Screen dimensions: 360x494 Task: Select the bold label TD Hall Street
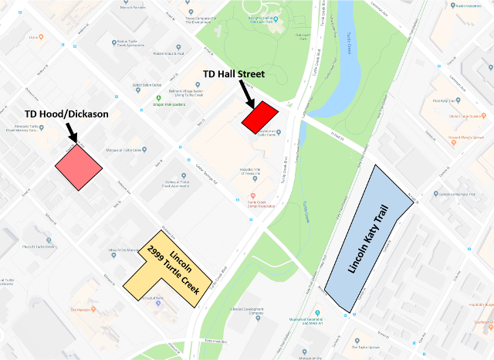234,74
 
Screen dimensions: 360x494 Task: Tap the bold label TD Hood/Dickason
66,114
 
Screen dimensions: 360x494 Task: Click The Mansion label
81,310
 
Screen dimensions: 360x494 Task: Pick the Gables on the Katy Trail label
456,195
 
